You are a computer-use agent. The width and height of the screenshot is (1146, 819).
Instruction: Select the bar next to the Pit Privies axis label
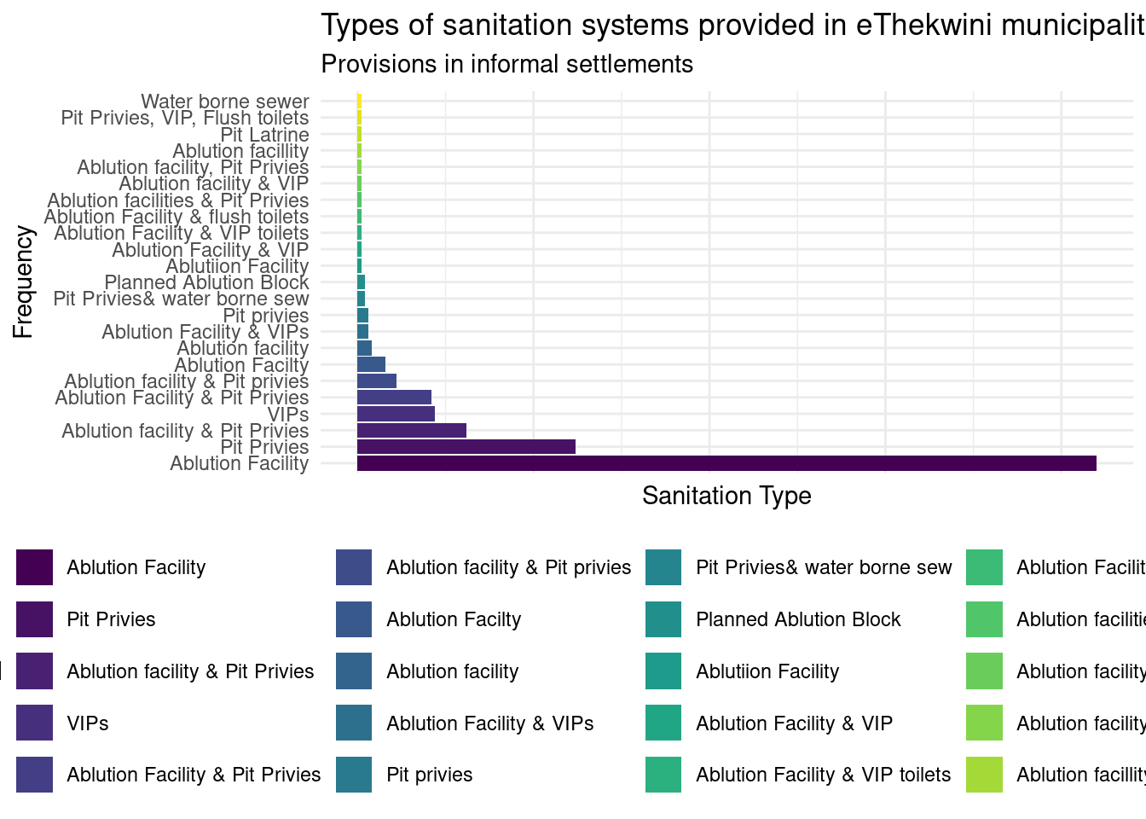(466, 447)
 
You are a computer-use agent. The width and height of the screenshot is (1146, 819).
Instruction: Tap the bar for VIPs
(396, 414)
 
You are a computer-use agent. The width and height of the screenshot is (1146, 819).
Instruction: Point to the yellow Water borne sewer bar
(360, 102)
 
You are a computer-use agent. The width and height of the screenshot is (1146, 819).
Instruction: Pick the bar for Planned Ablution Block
(362, 282)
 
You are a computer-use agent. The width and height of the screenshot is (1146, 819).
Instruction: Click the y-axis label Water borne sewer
(225, 102)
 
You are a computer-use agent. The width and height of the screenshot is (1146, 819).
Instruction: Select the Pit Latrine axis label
(264, 135)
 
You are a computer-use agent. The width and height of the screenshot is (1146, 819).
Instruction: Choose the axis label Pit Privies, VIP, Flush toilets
(185, 118)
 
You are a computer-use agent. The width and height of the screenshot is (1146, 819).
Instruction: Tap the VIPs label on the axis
(288, 415)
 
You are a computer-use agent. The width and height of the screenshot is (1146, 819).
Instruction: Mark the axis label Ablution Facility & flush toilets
(177, 217)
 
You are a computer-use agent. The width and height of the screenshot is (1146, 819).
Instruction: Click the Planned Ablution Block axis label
(206, 282)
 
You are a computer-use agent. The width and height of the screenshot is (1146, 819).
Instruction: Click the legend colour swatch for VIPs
(34, 723)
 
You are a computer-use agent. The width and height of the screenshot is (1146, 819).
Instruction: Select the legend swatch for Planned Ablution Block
(663, 619)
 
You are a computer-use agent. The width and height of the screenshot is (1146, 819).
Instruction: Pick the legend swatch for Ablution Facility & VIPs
(354, 723)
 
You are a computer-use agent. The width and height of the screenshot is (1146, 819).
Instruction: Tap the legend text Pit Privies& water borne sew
(824, 567)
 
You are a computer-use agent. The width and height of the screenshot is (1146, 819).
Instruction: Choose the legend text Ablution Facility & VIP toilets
(823, 775)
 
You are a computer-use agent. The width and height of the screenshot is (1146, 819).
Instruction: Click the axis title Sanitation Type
(726, 496)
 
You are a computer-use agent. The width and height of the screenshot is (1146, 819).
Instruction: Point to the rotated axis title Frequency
(23, 282)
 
